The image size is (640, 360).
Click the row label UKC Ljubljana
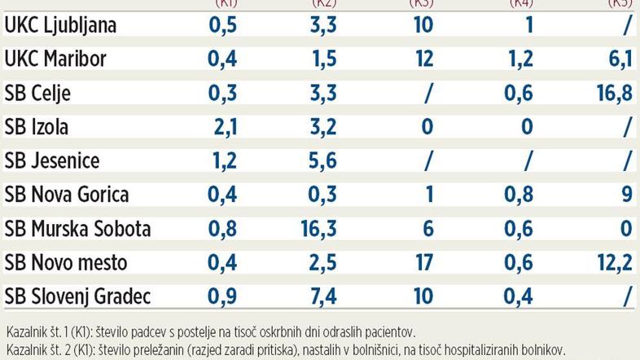coord(60,25)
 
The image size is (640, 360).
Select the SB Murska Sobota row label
coord(77,229)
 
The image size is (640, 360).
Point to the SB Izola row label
coord(37,127)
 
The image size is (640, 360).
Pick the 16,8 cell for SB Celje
coord(615,93)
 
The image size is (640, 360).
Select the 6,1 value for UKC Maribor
coord(620,59)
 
